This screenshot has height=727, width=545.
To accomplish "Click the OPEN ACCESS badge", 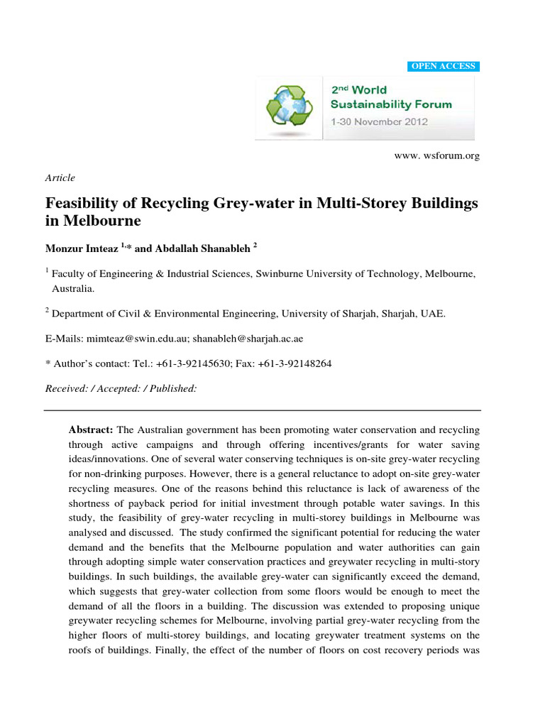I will pyautogui.click(x=444, y=67).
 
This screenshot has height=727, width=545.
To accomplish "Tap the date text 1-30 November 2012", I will pyautogui.click(x=379, y=121).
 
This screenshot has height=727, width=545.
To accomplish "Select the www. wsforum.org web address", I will pyautogui.click(x=437, y=156).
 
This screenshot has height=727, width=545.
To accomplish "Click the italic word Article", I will pyautogui.click(x=60, y=178).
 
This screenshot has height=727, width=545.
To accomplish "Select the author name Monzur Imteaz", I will pyautogui.click(x=82, y=247).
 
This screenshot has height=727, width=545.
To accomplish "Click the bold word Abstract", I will pyautogui.click(x=91, y=431).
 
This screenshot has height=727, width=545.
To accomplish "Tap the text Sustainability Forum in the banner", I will pyautogui.click(x=392, y=104).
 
